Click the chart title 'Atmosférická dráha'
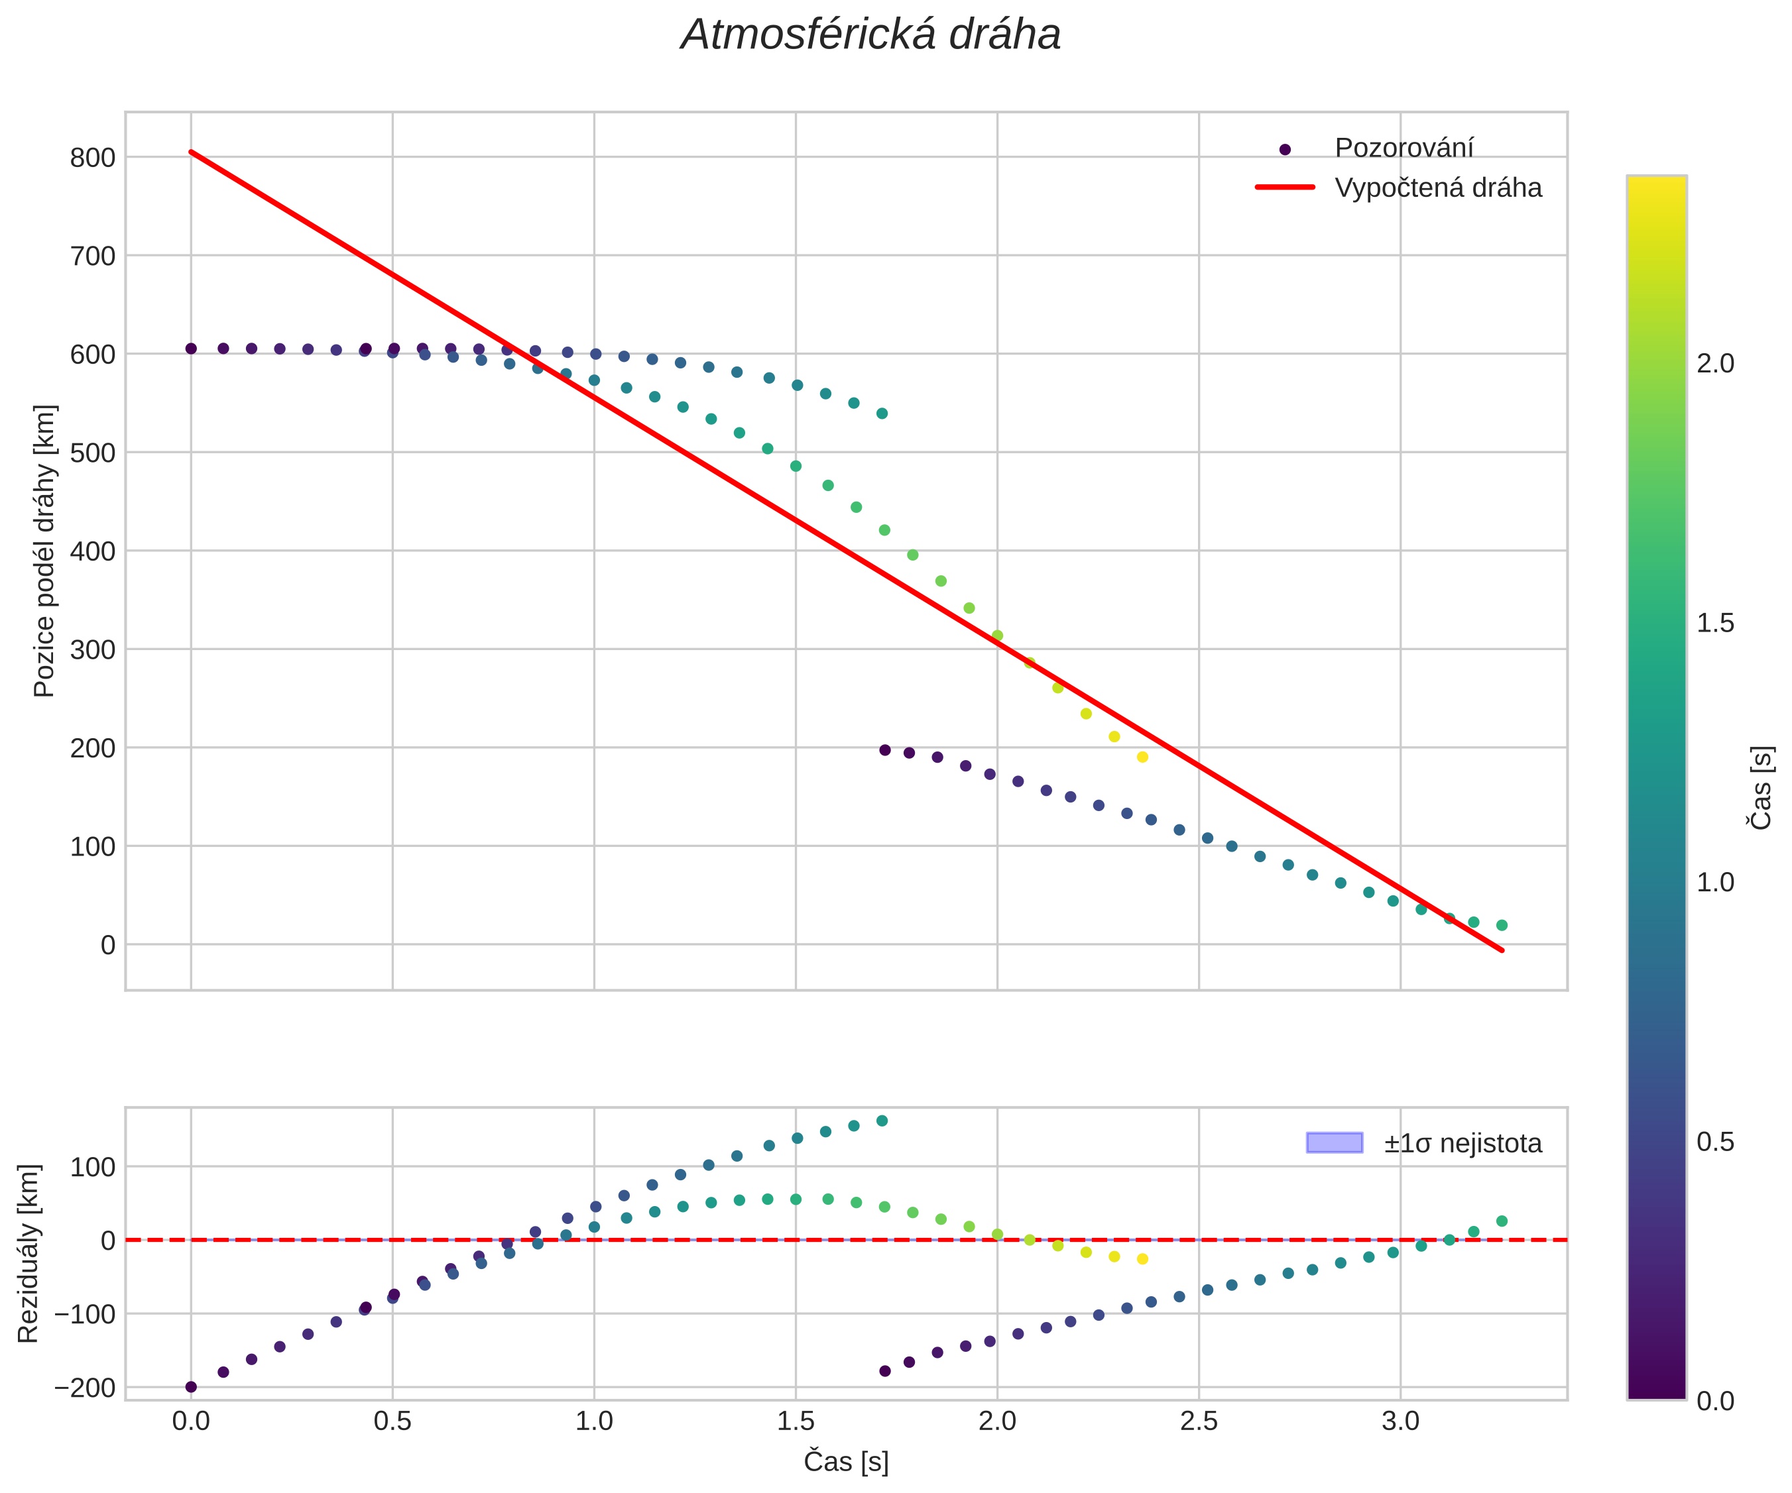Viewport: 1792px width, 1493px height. pyautogui.click(x=870, y=36)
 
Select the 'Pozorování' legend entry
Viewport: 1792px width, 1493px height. pyautogui.click(x=1404, y=148)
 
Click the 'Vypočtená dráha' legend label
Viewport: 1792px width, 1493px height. pyautogui.click(x=1438, y=188)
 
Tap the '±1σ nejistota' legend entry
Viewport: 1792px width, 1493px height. pyautogui.click(x=1463, y=1143)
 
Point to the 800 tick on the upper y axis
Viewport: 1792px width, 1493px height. pyautogui.click(x=92, y=158)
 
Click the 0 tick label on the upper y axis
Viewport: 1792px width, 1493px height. pyautogui.click(x=107, y=945)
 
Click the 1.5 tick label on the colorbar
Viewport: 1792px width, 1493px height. pyautogui.click(x=1715, y=624)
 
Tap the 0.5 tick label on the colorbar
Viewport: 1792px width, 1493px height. pyautogui.click(x=1715, y=1142)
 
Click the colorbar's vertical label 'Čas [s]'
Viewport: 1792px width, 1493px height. pyautogui.click(x=1760, y=787)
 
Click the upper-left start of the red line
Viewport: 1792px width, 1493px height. pyautogui.click(x=191, y=152)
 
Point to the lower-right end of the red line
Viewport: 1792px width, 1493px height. pyautogui.click(x=1502, y=950)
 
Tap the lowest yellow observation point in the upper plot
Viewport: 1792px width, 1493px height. pyautogui.click(x=1142, y=757)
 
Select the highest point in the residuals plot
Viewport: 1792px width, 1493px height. pyautogui.click(x=882, y=1121)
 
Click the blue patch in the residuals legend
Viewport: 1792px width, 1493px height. pyautogui.click(x=1335, y=1142)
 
